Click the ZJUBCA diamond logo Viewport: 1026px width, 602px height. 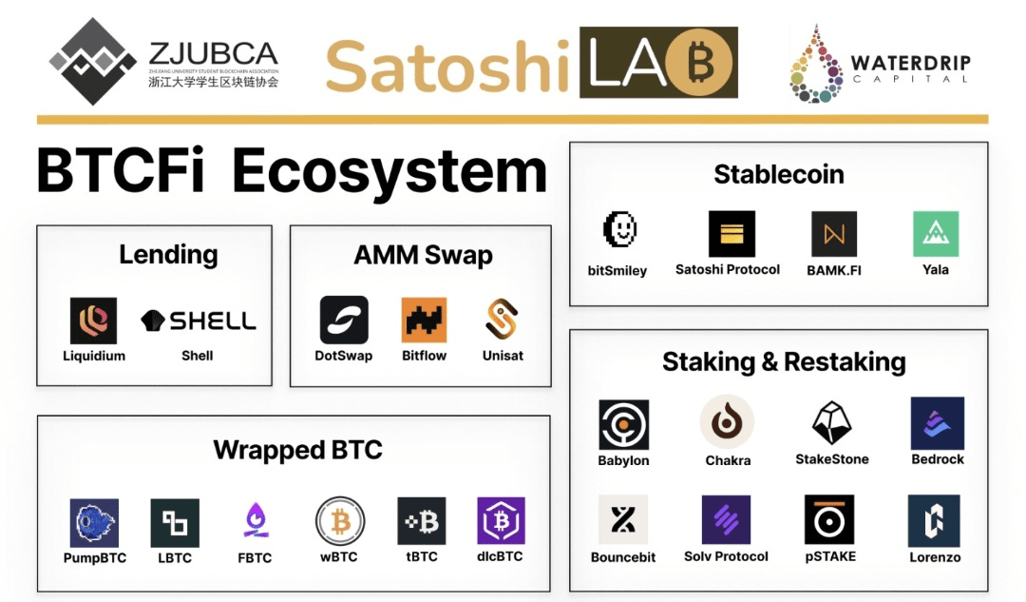[x=92, y=60]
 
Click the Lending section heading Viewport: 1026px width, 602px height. [x=168, y=255]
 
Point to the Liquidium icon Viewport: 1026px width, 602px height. [x=93, y=320]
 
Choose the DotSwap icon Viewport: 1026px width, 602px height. [x=344, y=320]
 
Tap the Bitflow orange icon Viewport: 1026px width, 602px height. [x=424, y=320]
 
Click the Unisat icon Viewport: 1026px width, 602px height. [x=503, y=320]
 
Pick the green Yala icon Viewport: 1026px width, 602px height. [x=936, y=234]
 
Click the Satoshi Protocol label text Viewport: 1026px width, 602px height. [x=728, y=269]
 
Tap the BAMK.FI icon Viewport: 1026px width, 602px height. [x=834, y=234]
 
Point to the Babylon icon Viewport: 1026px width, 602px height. [x=624, y=425]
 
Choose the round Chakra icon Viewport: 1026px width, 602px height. [x=728, y=422]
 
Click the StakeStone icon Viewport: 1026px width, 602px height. [x=831, y=422]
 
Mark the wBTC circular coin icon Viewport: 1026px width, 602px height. [x=339, y=521]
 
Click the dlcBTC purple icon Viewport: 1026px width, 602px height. [x=501, y=521]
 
